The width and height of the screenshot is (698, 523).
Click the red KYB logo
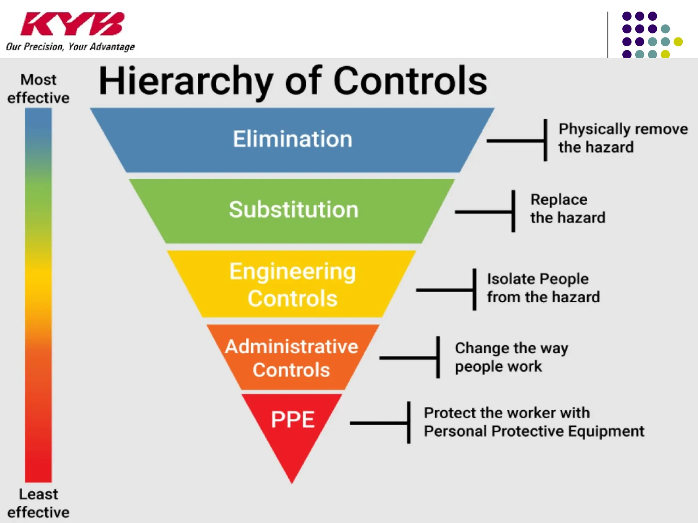click(x=72, y=24)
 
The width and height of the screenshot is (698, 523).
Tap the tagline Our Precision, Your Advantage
click(x=70, y=46)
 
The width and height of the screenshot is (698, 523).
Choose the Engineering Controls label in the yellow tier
click(x=292, y=285)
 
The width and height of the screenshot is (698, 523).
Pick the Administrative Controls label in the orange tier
click(x=292, y=358)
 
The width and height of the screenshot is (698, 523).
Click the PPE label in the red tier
click(x=292, y=419)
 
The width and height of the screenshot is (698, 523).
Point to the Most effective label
click(x=39, y=89)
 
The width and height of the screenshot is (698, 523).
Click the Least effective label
click(x=39, y=503)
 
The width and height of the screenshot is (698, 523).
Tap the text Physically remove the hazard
click(x=623, y=138)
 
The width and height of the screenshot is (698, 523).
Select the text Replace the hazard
click(x=567, y=208)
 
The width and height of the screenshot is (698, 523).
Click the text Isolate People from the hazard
click(x=543, y=288)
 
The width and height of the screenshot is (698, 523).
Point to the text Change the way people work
click(x=511, y=357)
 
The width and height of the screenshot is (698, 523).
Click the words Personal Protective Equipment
click(x=534, y=431)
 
